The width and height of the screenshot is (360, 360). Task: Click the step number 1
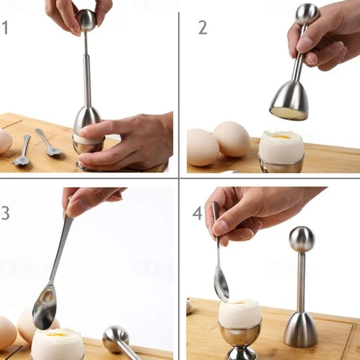pyautogui.click(x=5, y=28)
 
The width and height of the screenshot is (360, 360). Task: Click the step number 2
pyautogui.click(x=203, y=28)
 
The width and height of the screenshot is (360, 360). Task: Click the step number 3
pyautogui.click(x=5, y=212)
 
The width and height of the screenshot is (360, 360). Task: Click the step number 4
pyautogui.click(x=197, y=213)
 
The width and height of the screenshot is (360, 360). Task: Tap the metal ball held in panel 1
pyautogui.click(x=86, y=21)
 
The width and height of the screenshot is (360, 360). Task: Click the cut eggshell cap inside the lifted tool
pyautogui.click(x=289, y=114)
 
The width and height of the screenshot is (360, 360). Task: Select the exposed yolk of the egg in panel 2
pyautogui.click(x=282, y=136)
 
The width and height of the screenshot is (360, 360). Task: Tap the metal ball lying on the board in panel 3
pyautogui.click(x=116, y=339)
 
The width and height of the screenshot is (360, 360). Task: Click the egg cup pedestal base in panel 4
pyautogui.click(x=239, y=354)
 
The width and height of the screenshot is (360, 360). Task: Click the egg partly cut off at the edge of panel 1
pyautogui.click(x=6, y=141)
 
